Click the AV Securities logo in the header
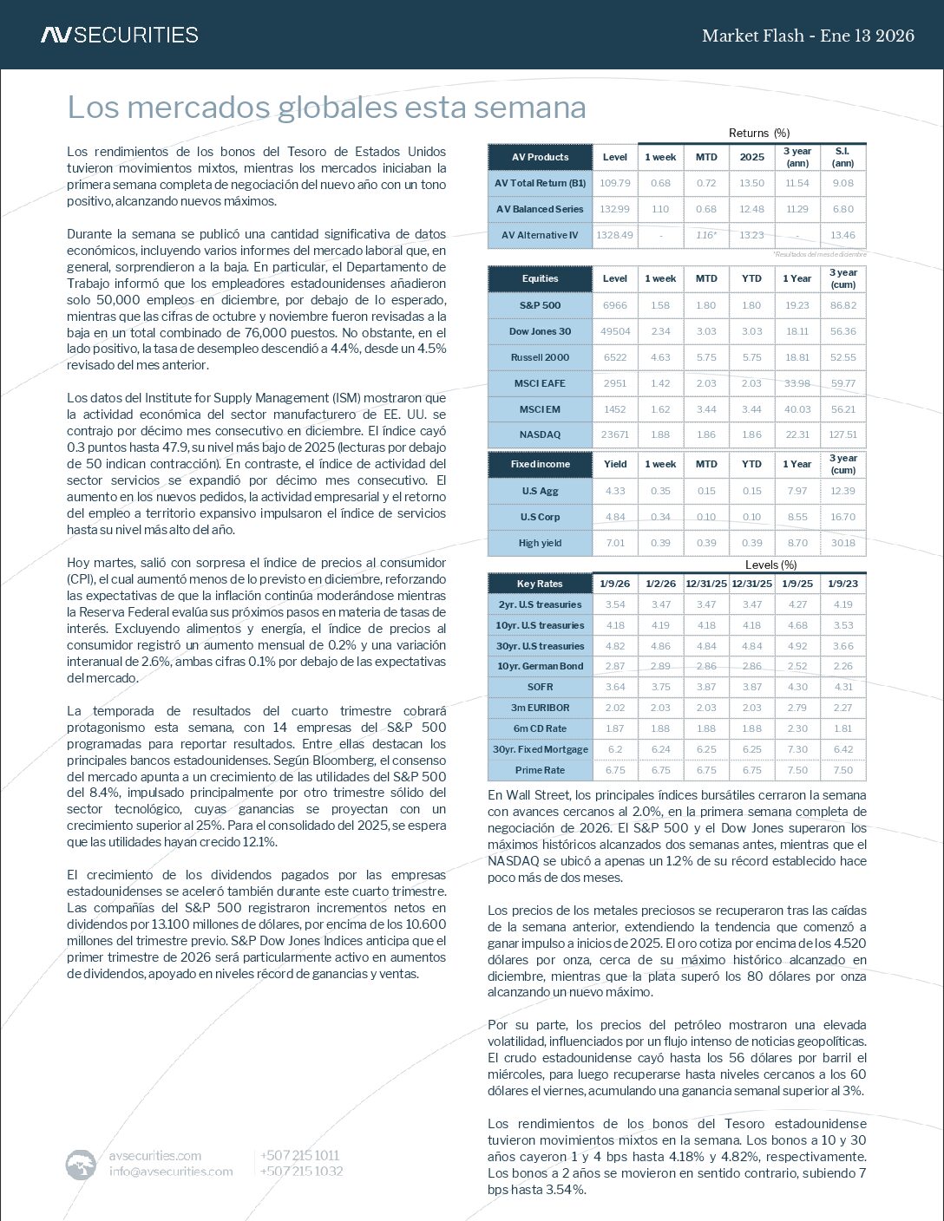119,36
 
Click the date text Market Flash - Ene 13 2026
807,36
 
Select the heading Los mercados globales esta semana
326,108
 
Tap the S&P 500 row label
540,305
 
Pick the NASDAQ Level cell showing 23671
614,434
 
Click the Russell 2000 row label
540,357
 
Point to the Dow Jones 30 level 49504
614,331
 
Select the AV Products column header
540,157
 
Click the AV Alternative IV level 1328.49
614,235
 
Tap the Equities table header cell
540,278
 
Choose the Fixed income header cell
540,464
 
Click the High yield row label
540,543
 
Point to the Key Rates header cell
540,584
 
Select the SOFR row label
540,687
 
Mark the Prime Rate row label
540,770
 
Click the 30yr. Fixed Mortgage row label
540,749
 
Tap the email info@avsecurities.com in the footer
171,1172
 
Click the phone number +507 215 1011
299,1155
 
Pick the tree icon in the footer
82,1164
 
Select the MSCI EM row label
540,409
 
